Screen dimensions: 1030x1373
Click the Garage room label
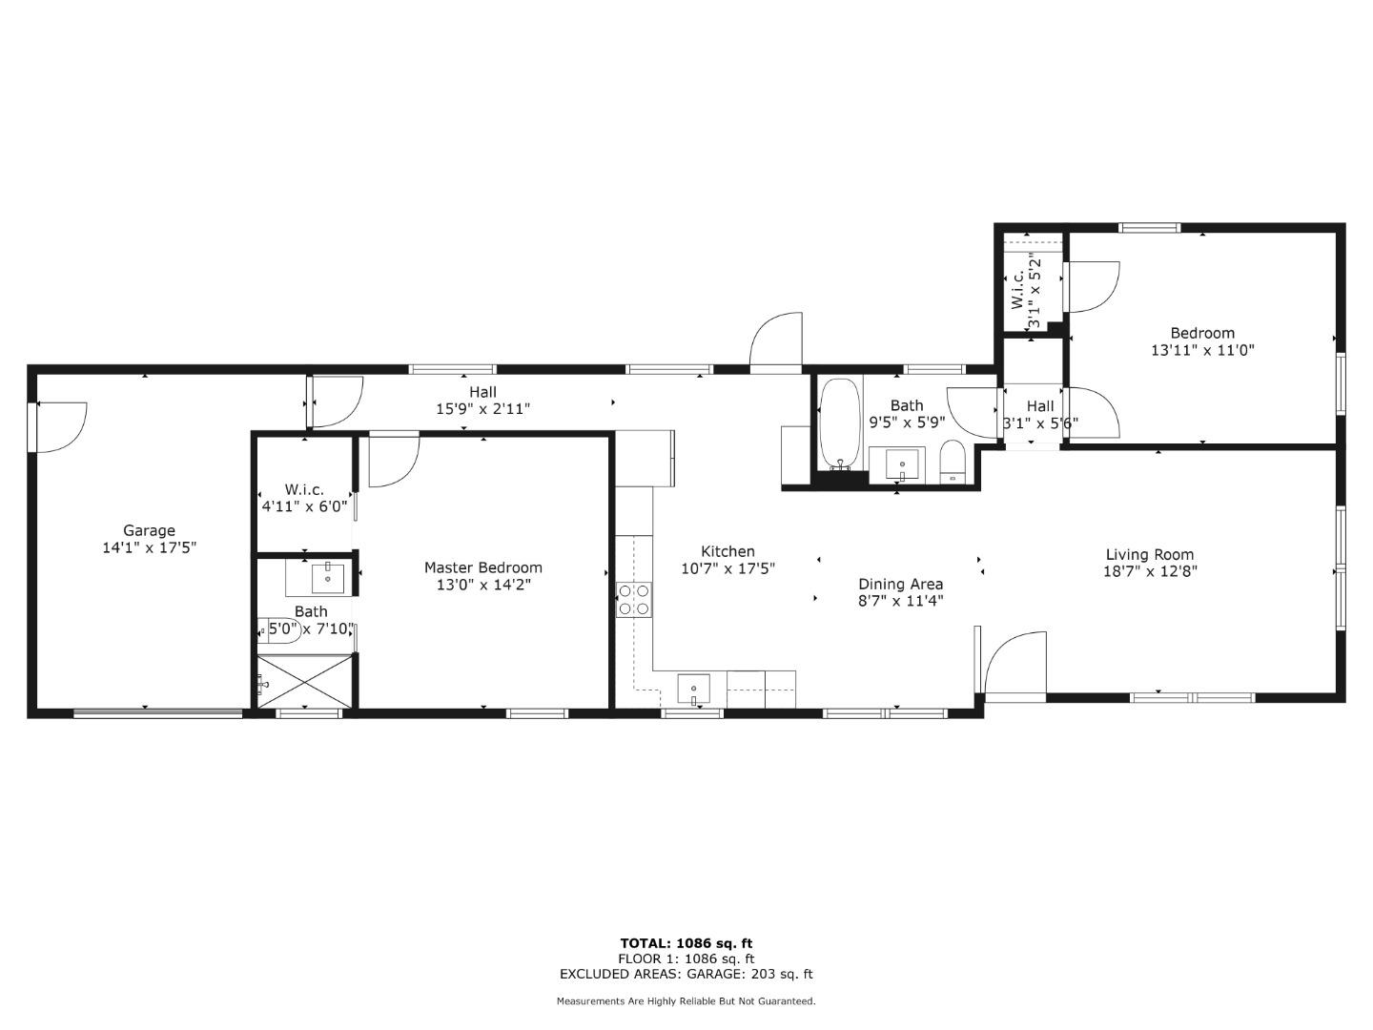149,531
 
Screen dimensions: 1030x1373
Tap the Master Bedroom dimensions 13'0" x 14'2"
482,585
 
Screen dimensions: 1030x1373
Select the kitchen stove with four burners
634,599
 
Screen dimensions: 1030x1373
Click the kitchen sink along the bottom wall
693,688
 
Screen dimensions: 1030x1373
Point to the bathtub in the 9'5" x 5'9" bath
840,424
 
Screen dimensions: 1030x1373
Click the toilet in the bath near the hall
953,463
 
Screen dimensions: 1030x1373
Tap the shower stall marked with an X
305,681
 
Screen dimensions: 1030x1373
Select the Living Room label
1149,554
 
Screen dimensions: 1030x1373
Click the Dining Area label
900,584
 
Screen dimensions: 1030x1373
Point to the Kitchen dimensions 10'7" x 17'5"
727,568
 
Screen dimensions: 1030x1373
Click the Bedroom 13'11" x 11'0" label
1202,333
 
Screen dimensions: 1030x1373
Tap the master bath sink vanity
319,579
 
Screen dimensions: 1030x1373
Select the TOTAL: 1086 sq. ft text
686,943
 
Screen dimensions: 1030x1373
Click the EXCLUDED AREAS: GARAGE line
686,974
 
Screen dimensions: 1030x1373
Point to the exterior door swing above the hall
775,340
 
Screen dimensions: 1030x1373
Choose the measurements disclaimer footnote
686,1001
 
